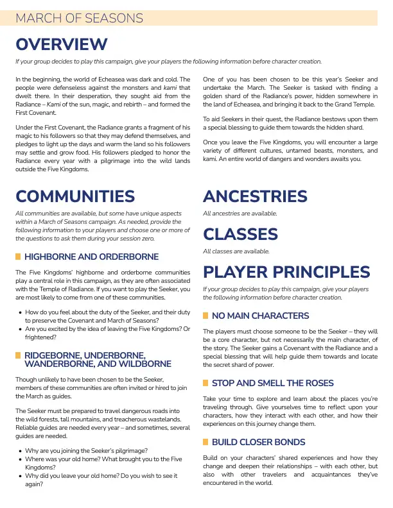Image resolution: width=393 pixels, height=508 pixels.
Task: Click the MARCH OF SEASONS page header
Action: point(80,18)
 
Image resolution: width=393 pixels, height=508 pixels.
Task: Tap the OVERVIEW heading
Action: point(61,44)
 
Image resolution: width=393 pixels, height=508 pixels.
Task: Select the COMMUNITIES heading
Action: point(75,196)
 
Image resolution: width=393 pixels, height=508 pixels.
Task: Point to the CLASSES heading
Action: point(240,234)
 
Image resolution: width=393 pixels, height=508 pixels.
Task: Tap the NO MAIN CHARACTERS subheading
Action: point(261,316)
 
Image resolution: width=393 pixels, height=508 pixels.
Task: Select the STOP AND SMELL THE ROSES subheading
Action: point(272,383)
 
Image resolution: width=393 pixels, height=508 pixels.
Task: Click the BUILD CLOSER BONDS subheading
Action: point(258,442)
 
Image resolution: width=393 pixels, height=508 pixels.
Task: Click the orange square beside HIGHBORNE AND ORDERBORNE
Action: point(18,257)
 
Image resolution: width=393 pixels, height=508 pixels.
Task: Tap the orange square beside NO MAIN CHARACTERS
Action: point(205,316)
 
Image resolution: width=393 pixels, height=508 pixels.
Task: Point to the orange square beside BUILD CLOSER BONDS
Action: point(205,442)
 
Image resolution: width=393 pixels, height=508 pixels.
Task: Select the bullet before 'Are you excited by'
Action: point(21,329)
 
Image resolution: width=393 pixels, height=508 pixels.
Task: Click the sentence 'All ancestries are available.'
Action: point(240,213)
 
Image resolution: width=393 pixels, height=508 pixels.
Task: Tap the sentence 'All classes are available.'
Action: point(236,251)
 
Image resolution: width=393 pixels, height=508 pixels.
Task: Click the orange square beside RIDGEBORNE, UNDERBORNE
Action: point(18,355)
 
